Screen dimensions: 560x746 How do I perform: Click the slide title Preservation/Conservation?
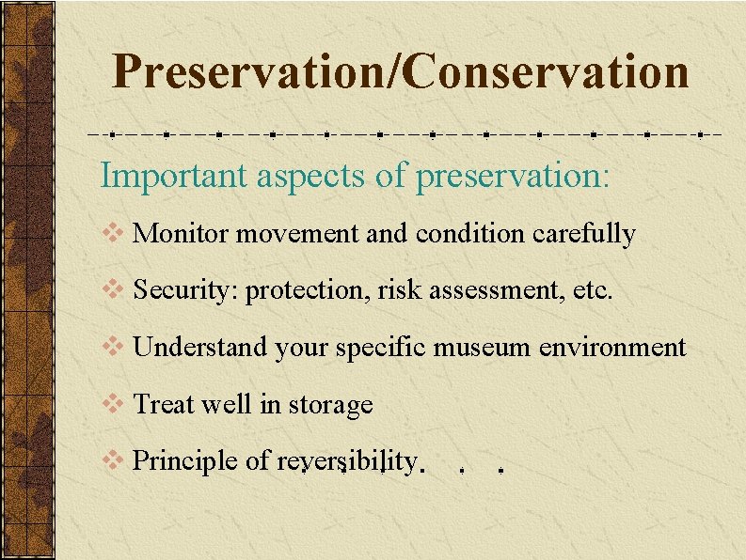pyautogui.click(x=400, y=71)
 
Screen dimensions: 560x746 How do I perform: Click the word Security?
pyautogui.click(x=186, y=291)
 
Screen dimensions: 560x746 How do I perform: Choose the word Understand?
pyautogui.click(x=201, y=348)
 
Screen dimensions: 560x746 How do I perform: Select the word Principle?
pyautogui.click(x=185, y=461)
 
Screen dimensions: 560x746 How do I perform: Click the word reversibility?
pyautogui.click(x=347, y=461)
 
